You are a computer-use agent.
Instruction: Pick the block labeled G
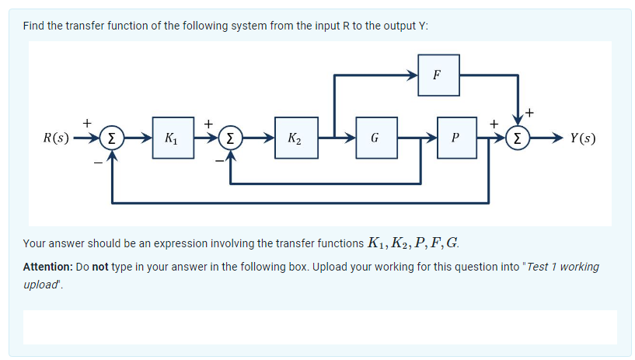[x=375, y=139]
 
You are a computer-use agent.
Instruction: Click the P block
[x=456, y=139]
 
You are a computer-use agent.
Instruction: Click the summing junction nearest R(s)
[x=113, y=140]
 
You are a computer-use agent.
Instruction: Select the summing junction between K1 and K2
[x=231, y=140]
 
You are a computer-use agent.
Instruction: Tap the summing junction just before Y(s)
[x=517, y=140]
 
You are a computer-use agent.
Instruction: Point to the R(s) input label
[x=56, y=140]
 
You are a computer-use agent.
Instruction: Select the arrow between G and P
[x=417, y=139]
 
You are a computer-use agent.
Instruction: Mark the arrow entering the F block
[x=404, y=75]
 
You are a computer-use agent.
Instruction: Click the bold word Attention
[x=48, y=267]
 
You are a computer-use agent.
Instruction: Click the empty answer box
[x=319, y=327]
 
